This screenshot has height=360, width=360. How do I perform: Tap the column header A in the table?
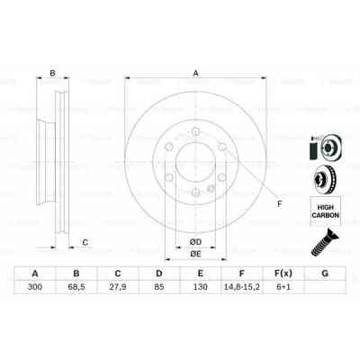35,274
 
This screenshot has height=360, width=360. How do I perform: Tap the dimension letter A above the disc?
195,74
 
